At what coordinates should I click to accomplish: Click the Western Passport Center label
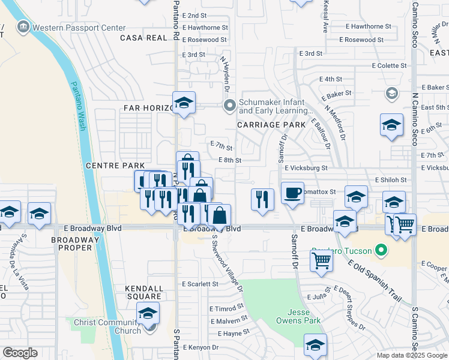[x=79, y=28]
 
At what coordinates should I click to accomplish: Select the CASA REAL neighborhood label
[x=143, y=38]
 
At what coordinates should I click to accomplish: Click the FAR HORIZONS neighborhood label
[x=144, y=108]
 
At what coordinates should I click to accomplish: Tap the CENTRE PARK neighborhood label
[x=115, y=165]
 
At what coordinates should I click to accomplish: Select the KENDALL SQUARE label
[x=143, y=292]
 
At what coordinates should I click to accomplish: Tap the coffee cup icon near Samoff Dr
[x=292, y=193]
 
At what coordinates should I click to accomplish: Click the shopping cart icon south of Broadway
[x=322, y=260]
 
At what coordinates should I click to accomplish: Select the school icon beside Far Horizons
[x=184, y=103]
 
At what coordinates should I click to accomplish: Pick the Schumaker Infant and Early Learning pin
[x=229, y=106]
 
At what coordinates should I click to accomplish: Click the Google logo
[x=20, y=353]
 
